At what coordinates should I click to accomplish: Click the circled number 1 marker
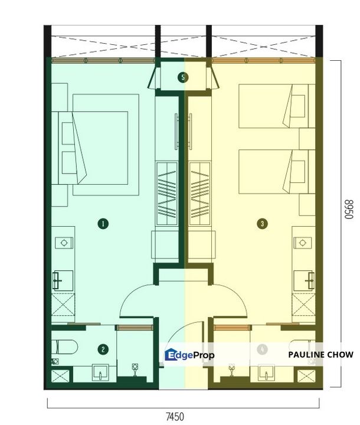tap(103, 224)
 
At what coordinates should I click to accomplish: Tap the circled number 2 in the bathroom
tap(104, 349)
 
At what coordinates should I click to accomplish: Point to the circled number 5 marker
tap(184, 77)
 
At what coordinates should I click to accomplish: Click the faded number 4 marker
tap(263, 349)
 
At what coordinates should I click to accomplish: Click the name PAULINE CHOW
tap(321, 355)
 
